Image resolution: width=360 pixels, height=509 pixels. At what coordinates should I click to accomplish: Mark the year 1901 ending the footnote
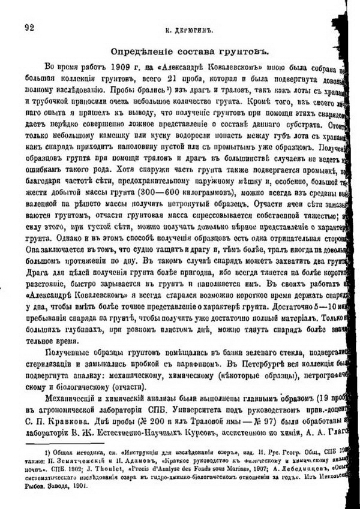point(78,487)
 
